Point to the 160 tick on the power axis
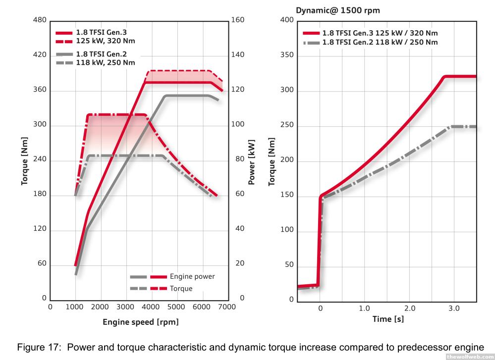point(238,20)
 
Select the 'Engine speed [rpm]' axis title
point(141,322)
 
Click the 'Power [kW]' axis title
point(251,160)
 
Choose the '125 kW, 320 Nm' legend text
point(106,41)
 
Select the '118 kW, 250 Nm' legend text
point(106,62)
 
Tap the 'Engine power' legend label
point(192,276)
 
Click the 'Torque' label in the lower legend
point(181,288)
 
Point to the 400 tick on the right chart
point(287,20)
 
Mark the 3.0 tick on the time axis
point(454,308)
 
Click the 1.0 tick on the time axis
point(365,308)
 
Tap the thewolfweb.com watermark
point(470,357)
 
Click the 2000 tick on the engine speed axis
point(101,308)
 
